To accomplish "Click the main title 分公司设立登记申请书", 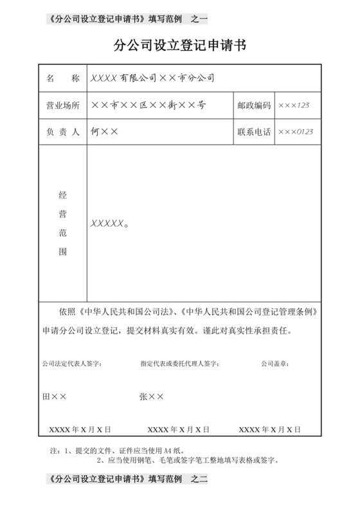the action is (x=179, y=46).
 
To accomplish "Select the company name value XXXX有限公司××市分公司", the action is (x=152, y=78).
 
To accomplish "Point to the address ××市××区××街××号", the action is (x=148, y=105).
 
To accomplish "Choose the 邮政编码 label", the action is (x=254, y=105).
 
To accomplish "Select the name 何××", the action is (x=105, y=132).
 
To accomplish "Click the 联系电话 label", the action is (x=254, y=132).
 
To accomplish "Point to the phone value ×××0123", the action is (x=296, y=132).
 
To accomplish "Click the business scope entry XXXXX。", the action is (x=110, y=224).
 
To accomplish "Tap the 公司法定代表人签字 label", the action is (x=71, y=364).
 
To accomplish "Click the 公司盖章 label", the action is (x=274, y=364).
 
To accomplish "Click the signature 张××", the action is (x=152, y=397).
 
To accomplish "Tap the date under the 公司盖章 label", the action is (x=271, y=429).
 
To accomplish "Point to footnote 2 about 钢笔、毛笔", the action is (x=186, y=460).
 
